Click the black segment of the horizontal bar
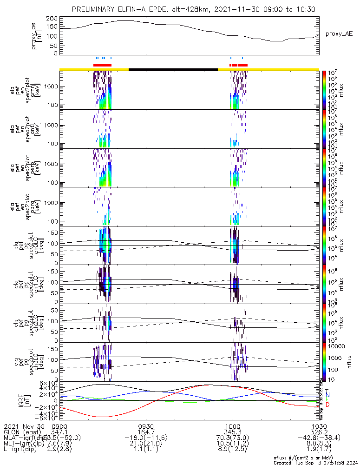pyautogui.click(x=173, y=69)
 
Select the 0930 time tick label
pyautogui.click(x=146, y=426)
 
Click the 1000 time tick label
pyautogui.click(x=233, y=426)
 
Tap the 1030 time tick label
pyautogui.click(x=319, y=426)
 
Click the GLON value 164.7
pyautogui.click(x=146, y=432)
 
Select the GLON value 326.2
pyautogui.click(x=319, y=432)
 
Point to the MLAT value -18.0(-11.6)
pyautogui.click(x=146, y=438)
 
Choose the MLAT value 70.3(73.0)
pyautogui.click(x=233, y=438)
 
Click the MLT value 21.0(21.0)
pyautogui.click(x=146, y=444)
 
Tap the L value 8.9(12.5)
pyautogui.click(x=233, y=450)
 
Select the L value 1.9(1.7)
pyautogui.click(x=319, y=450)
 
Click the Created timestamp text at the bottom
pyautogui.click(x=315, y=462)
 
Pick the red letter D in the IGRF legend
pyautogui.click(x=328, y=405)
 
